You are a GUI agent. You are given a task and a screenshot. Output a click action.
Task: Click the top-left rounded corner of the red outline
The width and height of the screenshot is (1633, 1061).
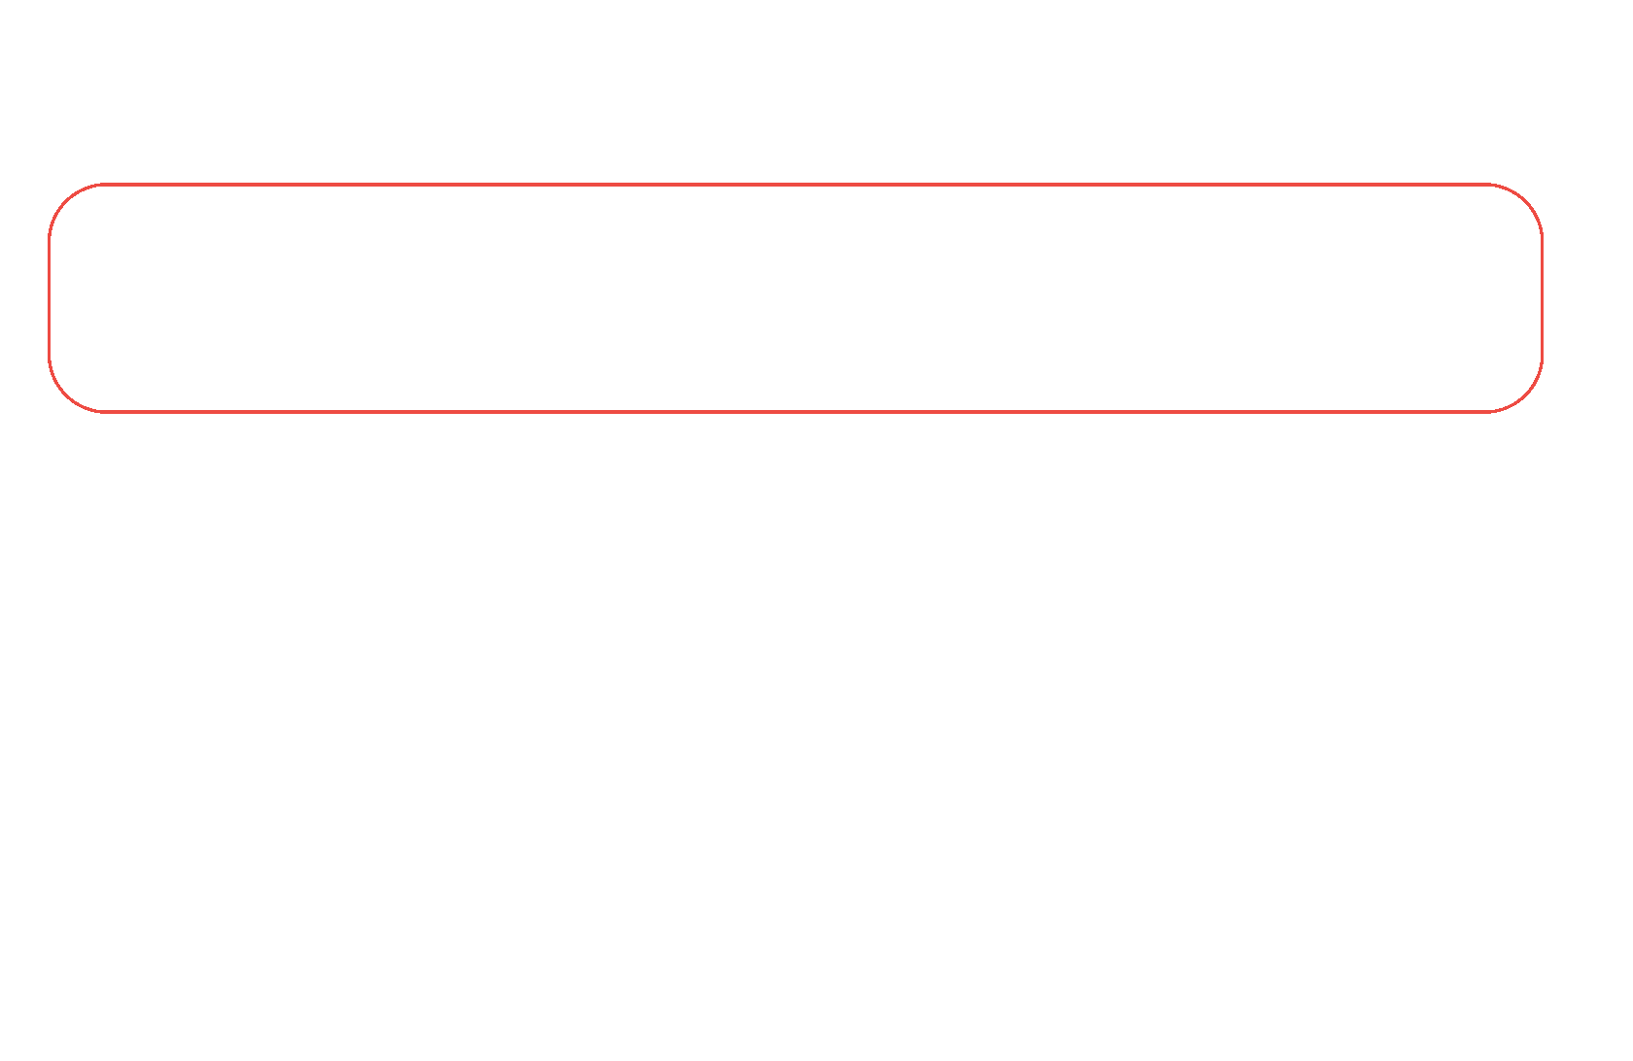click(x=65, y=200)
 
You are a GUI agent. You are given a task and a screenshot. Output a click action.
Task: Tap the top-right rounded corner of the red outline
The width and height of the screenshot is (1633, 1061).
click(x=1526, y=200)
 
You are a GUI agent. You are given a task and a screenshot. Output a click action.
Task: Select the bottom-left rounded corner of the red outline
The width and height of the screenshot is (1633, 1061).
click(x=65, y=395)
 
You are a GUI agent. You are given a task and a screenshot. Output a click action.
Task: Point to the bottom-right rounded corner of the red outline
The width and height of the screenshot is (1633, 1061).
click(x=1526, y=395)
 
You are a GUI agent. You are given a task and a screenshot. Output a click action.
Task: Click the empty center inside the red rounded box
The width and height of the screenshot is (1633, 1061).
click(x=795, y=297)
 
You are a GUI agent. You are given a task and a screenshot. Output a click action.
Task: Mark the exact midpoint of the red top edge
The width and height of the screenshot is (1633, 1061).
click(x=795, y=184)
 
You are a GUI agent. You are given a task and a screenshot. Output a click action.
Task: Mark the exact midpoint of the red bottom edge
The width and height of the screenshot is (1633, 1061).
click(x=795, y=412)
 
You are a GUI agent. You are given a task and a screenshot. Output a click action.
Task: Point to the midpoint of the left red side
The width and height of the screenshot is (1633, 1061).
click(x=50, y=297)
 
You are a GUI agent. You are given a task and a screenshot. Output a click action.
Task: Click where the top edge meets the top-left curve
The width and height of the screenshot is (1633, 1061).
click(x=105, y=184)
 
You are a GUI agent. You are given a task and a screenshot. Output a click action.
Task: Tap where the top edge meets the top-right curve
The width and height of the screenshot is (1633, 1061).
click(x=1486, y=184)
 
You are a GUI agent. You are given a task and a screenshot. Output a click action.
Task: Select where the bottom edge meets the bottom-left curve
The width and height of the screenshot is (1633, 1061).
click(x=105, y=412)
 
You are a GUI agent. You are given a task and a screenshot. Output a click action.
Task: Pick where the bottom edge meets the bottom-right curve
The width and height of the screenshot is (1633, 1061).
click(x=1486, y=412)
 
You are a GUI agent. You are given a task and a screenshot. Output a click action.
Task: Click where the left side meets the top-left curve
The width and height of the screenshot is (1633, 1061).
click(x=50, y=239)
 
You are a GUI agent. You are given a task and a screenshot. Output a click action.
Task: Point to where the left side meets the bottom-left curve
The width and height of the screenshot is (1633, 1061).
click(x=50, y=357)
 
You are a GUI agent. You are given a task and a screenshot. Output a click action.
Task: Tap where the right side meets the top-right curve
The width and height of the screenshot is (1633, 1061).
click(x=1542, y=239)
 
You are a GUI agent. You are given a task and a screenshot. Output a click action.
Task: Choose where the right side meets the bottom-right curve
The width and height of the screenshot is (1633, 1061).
click(x=1542, y=357)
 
